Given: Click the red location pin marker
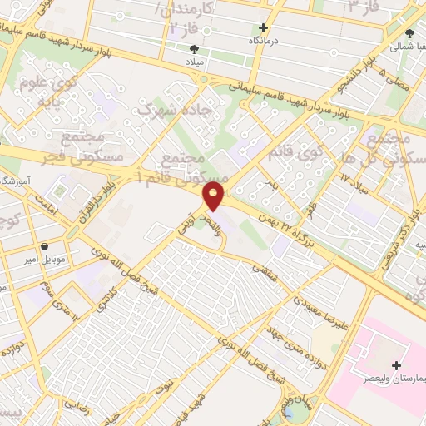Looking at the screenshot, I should click(214, 196).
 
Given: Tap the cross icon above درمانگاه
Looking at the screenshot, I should click(263, 27).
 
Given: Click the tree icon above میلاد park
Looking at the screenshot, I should click(195, 49).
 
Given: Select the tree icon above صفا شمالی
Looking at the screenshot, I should click(409, 33).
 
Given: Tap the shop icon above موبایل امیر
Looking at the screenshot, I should click(44, 247).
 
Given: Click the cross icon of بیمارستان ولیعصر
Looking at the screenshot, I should click(395, 366).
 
